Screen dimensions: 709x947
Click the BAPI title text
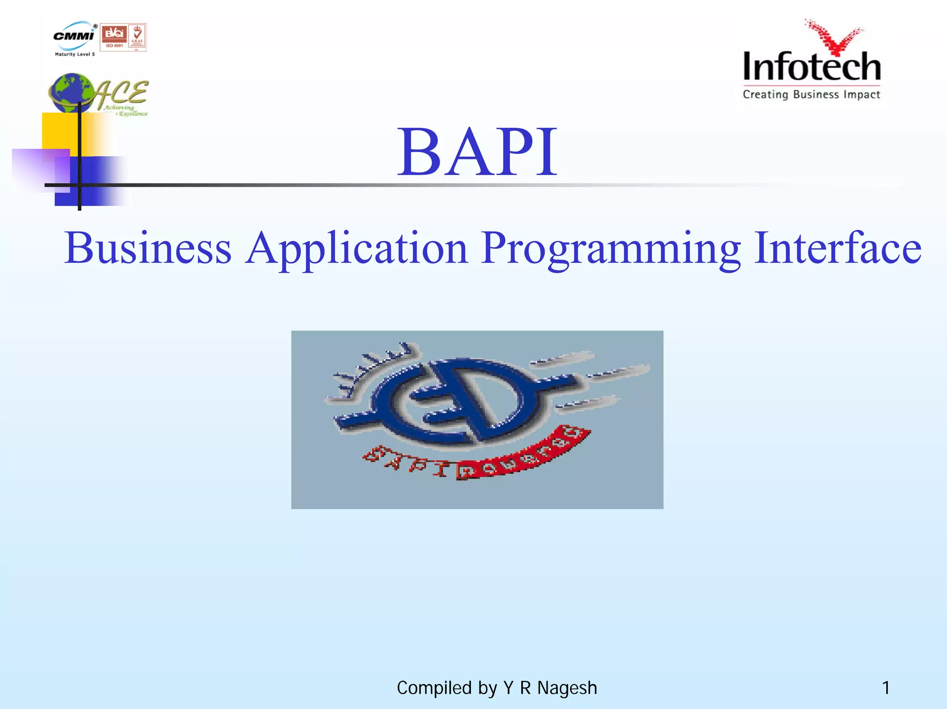pyautogui.click(x=477, y=153)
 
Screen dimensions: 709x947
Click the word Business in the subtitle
pyautogui.click(x=148, y=248)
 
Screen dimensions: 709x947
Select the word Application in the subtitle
pyautogui.click(x=356, y=248)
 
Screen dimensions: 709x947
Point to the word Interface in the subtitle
pyautogui.click(x=837, y=248)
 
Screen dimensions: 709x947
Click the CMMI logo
pyautogui.click(x=74, y=35)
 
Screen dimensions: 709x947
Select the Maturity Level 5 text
pyautogui.click(x=75, y=55)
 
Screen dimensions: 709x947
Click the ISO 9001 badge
pyautogui.click(x=114, y=37)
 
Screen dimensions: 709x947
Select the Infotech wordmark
pyautogui.click(x=812, y=67)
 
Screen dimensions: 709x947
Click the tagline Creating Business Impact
pyautogui.click(x=812, y=95)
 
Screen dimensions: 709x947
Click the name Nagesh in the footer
pyautogui.click(x=567, y=688)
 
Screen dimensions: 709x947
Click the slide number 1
pyautogui.click(x=886, y=688)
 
